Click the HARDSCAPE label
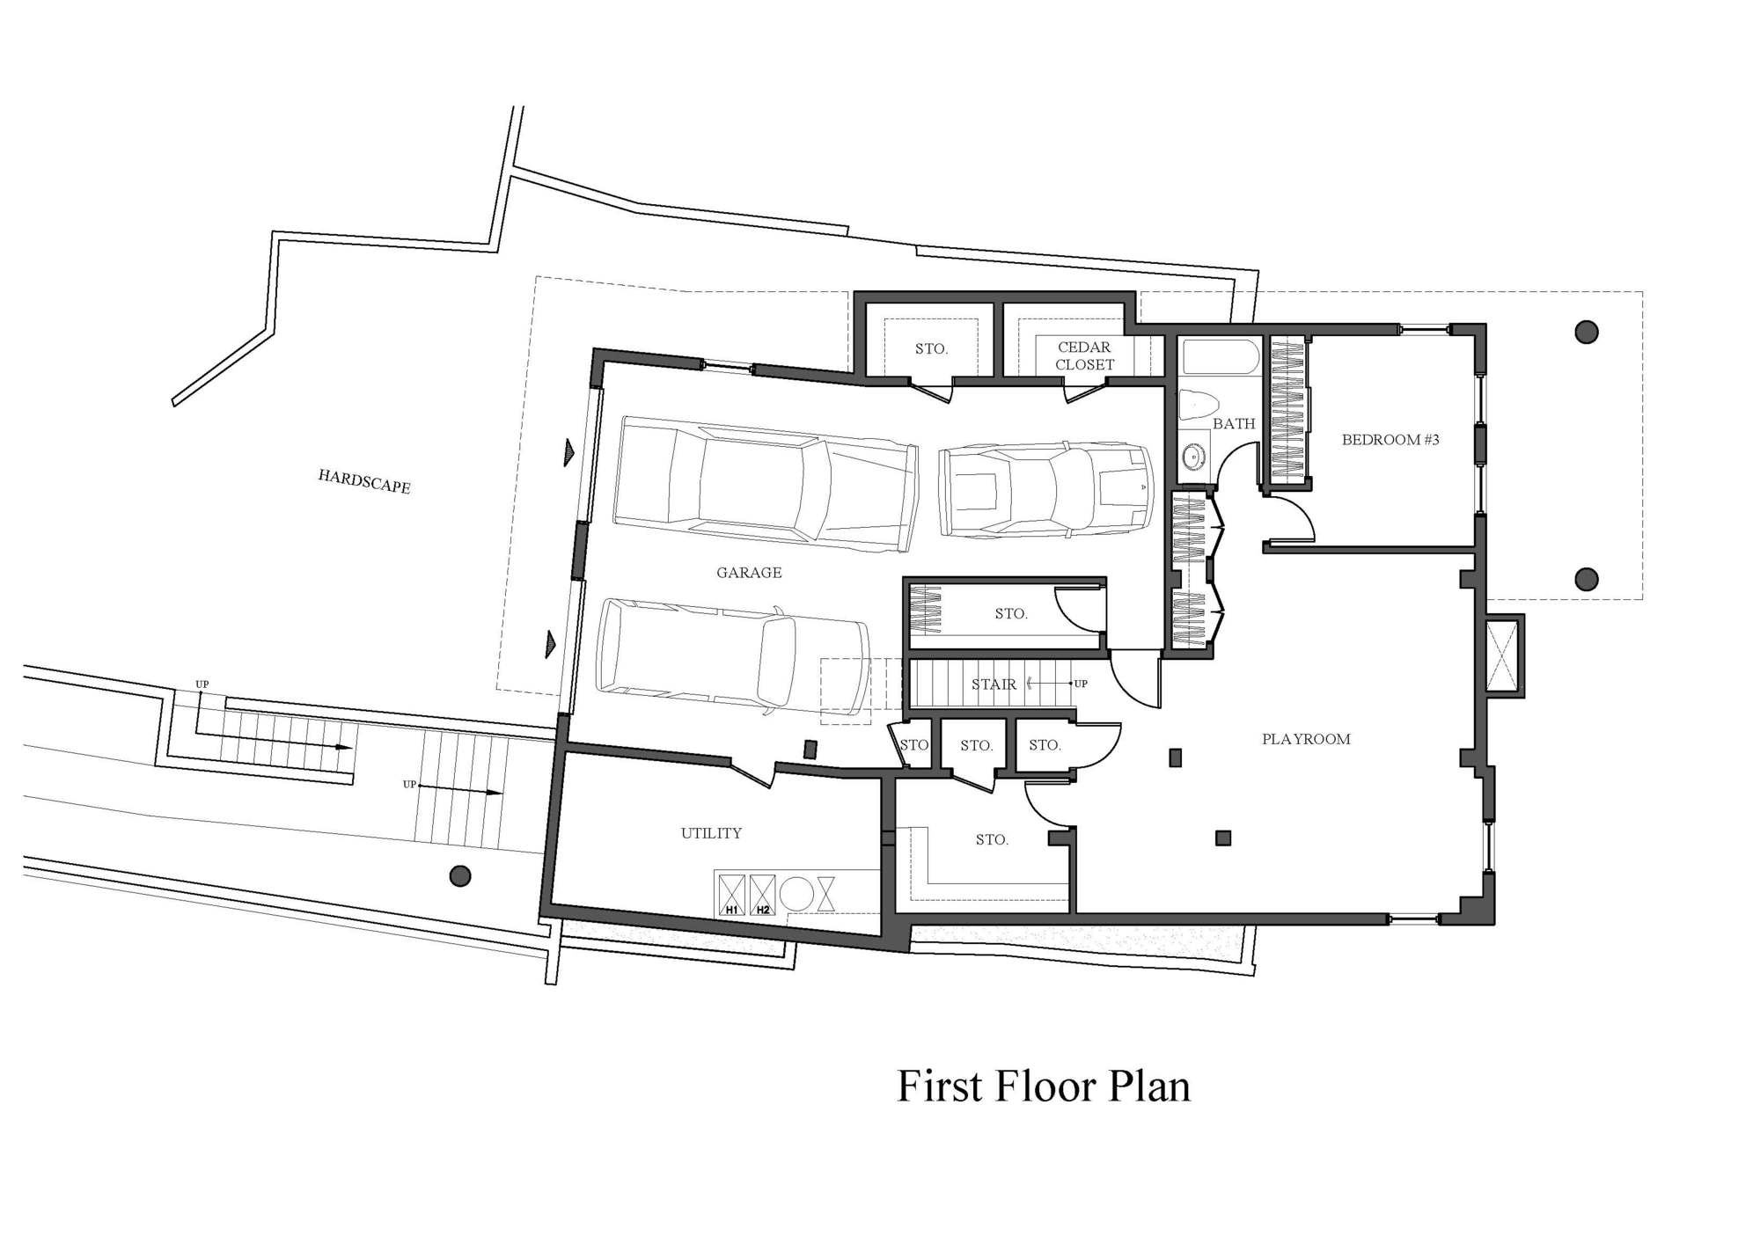(x=364, y=481)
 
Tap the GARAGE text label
(x=749, y=573)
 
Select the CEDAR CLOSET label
(x=1084, y=355)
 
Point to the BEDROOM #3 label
(x=1390, y=439)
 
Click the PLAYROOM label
(x=1306, y=739)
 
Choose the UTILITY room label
(x=711, y=833)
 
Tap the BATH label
(x=1234, y=423)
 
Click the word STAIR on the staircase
(x=994, y=684)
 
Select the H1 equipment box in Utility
(x=731, y=895)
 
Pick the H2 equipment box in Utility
(x=762, y=895)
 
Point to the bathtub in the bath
(x=1221, y=358)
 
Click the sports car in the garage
(x=1045, y=489)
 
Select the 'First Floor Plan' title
(x=1044, y=1086)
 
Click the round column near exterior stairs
(x=459, y=875)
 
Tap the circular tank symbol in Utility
(x=796, y=894)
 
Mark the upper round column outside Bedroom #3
(x=1586, y=332)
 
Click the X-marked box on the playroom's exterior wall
(x=1503, y=655)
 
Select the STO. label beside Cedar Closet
(x=931, y=348)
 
